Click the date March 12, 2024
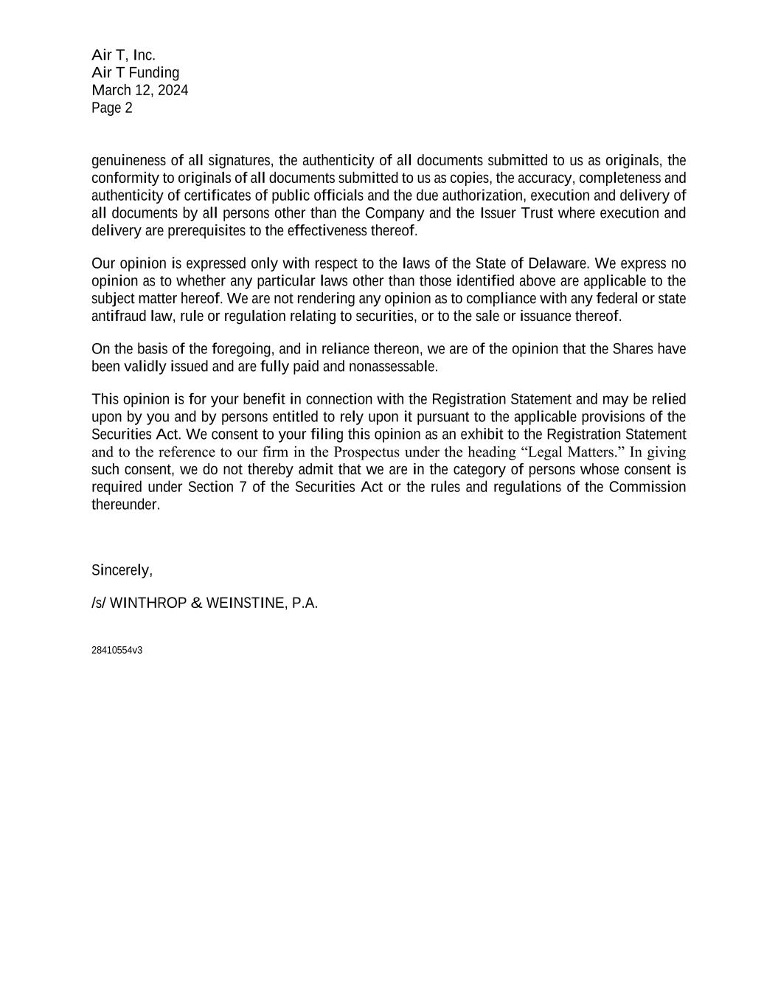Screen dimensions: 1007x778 (x=139, y=90)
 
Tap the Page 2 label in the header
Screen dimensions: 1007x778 (x=112, y=108)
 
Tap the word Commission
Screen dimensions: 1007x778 (x=647, y=487)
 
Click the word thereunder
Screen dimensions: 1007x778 (x=125, y=505)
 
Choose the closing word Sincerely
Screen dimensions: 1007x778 (x=122, y=570)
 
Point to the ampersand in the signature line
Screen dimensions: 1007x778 (x=196, y=603)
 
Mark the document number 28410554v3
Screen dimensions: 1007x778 (x=117, y=650)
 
